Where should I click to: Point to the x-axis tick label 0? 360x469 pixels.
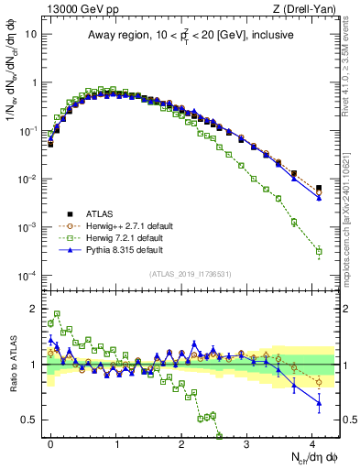coord(50,442)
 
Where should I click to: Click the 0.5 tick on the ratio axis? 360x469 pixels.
coord(33,420)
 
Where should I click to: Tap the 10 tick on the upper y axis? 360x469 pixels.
coord(32,33)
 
